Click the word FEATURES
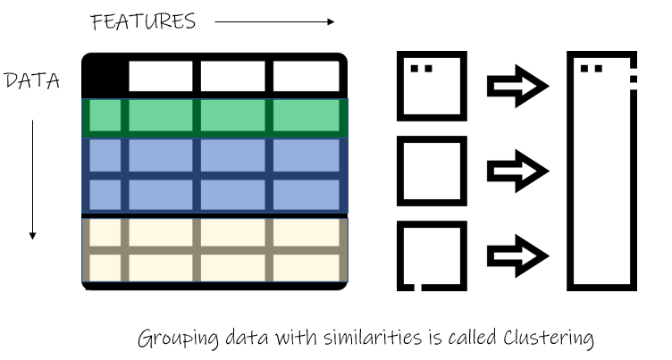coord(143,21)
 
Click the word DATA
coord(31,80)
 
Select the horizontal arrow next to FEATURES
coord(274,21)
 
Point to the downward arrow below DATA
coord(32,180)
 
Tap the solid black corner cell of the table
coord(104,76)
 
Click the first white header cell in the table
coord(161,76)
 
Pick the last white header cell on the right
coord(306,76)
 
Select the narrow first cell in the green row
coord(105,115)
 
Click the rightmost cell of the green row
coord(306,115)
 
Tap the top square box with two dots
coord(400,86)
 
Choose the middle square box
coord(400,171)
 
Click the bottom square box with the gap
coord(400,255)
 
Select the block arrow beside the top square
coord(517,86)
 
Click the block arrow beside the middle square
coord(517,171)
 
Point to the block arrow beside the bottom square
coord(517,255)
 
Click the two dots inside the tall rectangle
coord(592,69)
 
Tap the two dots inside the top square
coord(421,69)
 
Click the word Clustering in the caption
coord(549,339)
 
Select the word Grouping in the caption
coord(178,339)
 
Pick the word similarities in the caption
coord(373,338)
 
